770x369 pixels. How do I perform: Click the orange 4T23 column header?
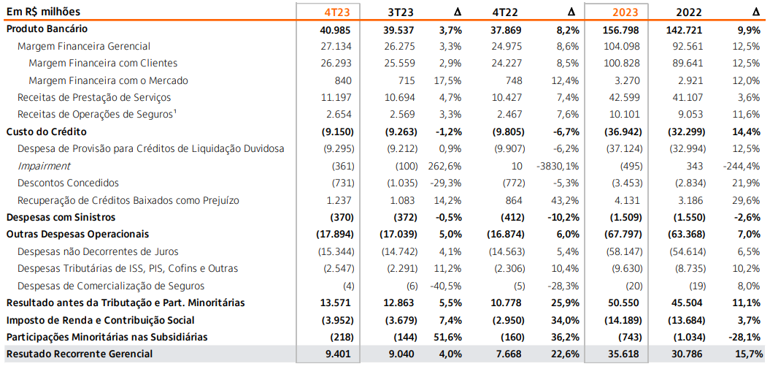tap(338, 12)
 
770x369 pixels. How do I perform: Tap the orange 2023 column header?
tap(626, 12)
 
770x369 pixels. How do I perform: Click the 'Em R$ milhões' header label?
tap(43, 12)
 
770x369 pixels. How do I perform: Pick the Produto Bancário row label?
tap(47, 28)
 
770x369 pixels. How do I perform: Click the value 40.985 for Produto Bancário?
tap(336, 29)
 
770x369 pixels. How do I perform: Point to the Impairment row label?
tap(44, 166)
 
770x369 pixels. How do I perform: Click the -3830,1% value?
tap(559, 166)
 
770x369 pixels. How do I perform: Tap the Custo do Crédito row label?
tap(46, 132)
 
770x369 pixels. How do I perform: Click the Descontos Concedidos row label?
tap(68, 183)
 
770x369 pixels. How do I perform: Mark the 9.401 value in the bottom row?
tap(339, 354)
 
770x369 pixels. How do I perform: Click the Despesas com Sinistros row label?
tap(61, 217)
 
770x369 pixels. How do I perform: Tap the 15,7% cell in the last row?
tap(745, 354)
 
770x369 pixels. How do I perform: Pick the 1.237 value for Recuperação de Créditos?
tap(339, 200)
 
